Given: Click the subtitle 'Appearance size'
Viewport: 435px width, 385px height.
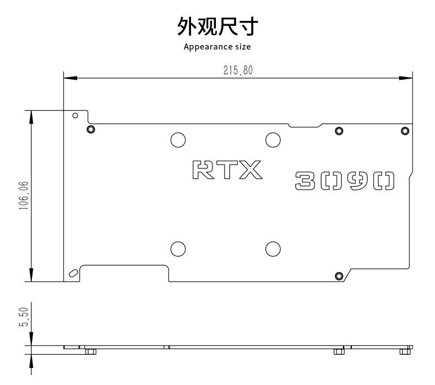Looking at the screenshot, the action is (x=217, y=47).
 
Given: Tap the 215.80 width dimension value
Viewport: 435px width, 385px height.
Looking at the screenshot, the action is (x=238, y=70).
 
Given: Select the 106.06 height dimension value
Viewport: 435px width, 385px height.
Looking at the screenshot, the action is (x=23, y=196).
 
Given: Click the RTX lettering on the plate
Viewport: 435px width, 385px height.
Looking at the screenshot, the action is (x=227, y=170).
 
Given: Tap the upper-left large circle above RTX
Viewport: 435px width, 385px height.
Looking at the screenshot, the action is (x=178, y=140).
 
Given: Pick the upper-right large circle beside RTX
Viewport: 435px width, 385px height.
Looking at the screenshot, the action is (x=273, y=140).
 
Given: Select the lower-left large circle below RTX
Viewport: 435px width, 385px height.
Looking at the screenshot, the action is (x=178, y=249).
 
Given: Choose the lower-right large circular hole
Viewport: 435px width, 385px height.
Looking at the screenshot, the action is (x=273, y=249).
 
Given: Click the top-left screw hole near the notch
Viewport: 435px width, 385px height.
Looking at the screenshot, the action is (x=91, y=129).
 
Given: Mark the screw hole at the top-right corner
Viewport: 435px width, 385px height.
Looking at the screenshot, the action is (x=405, y=130).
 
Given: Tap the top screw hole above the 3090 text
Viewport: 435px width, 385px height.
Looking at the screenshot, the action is (x=339, y=130).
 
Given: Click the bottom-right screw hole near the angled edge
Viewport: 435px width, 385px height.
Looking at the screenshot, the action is (x=339, y=274).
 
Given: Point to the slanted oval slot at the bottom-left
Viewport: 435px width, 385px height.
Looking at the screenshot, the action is (x=73, y=273).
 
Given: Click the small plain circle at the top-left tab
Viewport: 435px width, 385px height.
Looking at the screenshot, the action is (x=75, y=116).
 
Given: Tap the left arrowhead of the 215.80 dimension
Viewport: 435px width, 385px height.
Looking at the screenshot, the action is (x=67, y=78).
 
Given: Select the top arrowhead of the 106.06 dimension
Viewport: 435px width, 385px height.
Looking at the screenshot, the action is (x=31, y=114).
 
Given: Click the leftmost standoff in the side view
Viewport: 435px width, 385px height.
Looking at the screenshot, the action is (x=91, y=351).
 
